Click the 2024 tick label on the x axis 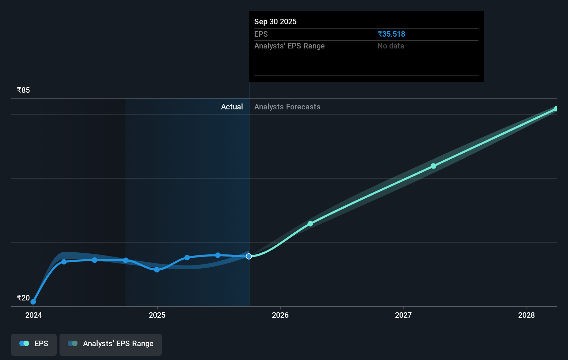pos(34,315)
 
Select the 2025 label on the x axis pos(157,315)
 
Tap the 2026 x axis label pos(280,315)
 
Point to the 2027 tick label pos(403,315)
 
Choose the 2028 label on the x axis pos(526,315)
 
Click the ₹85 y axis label pos(23,90)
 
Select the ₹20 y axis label pos(23,298)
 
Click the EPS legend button pos(34,344)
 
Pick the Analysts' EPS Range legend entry pos(111,344)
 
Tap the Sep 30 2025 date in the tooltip pos(275,21)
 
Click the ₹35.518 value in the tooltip pos(391,34)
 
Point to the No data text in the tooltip pos(391,46)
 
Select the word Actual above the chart pos(232,107)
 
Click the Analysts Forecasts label pos(287,107)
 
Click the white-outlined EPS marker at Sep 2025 pos(249,256)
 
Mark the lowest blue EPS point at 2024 pos(33,302)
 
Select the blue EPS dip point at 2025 pos(157,270)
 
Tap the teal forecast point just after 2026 pos(310,224)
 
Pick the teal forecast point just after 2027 pos(433,166)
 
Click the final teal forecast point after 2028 pos(556,109)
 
